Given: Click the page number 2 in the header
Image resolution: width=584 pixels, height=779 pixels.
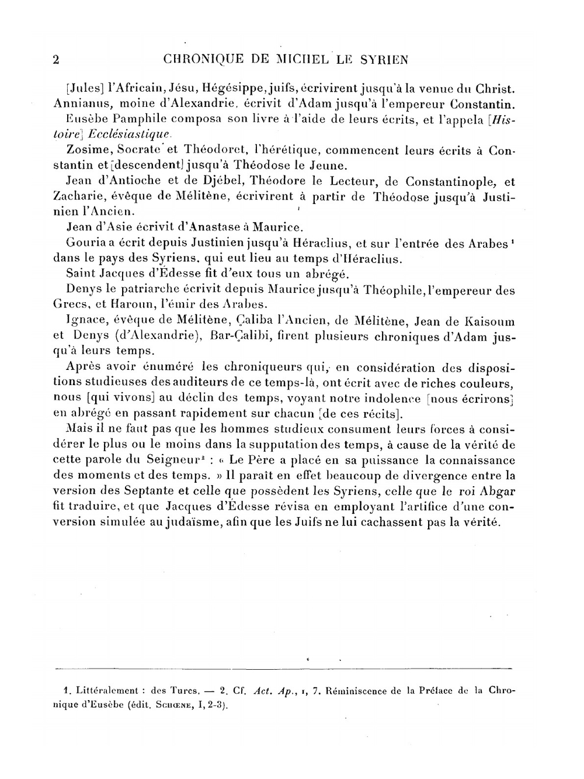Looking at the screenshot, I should click(57, 60).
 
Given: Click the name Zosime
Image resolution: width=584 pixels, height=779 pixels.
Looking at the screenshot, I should click(87, 150).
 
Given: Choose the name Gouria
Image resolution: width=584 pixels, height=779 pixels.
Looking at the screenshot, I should click(85, 243).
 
